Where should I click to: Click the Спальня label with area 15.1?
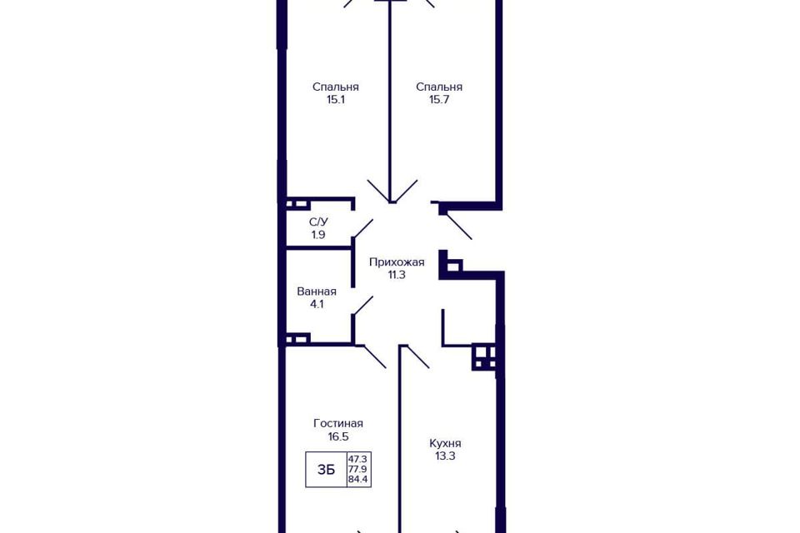point(336,87)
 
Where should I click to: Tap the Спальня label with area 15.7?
point(439,87)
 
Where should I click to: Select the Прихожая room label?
point(397,262)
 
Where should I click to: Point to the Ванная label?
point(317,291)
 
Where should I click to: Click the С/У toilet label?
point(319,222)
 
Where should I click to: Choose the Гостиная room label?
point(338,423)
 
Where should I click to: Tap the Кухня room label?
point(445,443)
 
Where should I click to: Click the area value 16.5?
point(338,436)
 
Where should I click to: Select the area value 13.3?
point(445,456)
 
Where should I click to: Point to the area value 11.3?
point(397,275)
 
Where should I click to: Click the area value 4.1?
point(317,305)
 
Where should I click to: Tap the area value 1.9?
point(319,235)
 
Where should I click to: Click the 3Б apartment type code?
point(326,470)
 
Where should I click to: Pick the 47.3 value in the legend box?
point(358,459)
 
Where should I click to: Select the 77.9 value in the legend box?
point(358,469)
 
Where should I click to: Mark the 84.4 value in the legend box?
point(358,480)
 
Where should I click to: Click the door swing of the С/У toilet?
point(362,228)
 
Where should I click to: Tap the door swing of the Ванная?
point(362,306)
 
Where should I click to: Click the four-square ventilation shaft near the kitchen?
point(483,357)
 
